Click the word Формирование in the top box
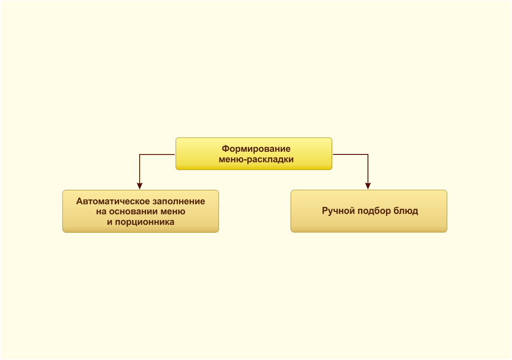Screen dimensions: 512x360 256,149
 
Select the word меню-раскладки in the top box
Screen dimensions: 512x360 256,160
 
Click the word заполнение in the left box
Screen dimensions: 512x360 177,201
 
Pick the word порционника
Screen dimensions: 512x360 145,222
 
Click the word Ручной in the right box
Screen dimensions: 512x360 338,211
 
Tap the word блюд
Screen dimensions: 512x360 406,211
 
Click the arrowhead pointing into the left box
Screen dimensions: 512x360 140,186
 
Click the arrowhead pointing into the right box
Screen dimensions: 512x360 368,186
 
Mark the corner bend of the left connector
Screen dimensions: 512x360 140,154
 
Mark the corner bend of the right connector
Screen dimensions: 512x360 368,154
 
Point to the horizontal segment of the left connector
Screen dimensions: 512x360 158,154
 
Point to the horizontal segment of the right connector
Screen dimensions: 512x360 351,154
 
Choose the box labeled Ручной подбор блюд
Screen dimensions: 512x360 368,211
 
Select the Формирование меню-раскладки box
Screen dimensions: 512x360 254,154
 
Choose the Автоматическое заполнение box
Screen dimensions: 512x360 140,211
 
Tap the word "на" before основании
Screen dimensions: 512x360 101,212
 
